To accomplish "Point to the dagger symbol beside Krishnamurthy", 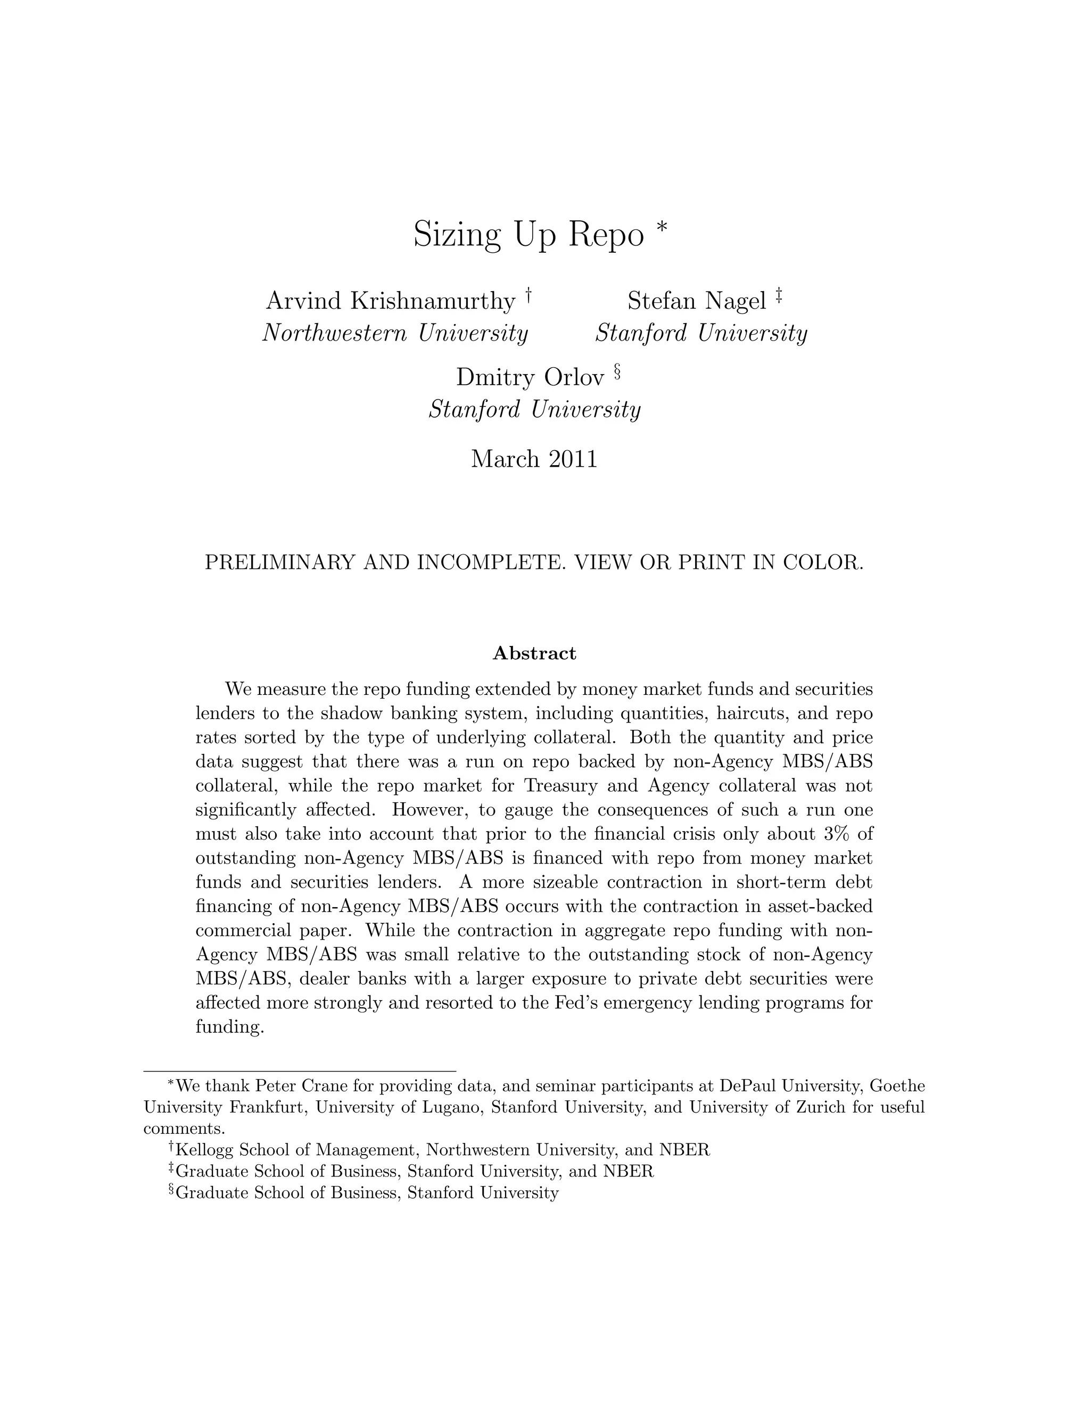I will pyautogui.click(x=528, y=296).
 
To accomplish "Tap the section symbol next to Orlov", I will pyautogui.click(x=617, y=372).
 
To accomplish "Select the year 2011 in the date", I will pyautogui.click(x=573, y=459).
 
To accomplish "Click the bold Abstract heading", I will pyautogui.click(x=534, y=653).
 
